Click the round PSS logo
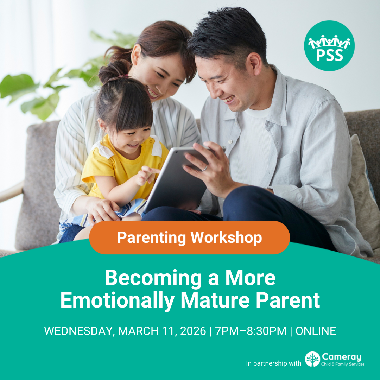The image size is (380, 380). [x=329, y=46]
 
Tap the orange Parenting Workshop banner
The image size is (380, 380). [x=189, y=237]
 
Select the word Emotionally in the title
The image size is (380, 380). [x=117, y=300]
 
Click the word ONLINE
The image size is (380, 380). [x=316, y=331]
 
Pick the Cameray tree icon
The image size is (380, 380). [x=312, y=359]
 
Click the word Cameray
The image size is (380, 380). [x=342, y=357]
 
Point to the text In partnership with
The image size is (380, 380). [x=273, y=363]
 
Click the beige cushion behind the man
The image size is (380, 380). [x=362, y=183]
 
